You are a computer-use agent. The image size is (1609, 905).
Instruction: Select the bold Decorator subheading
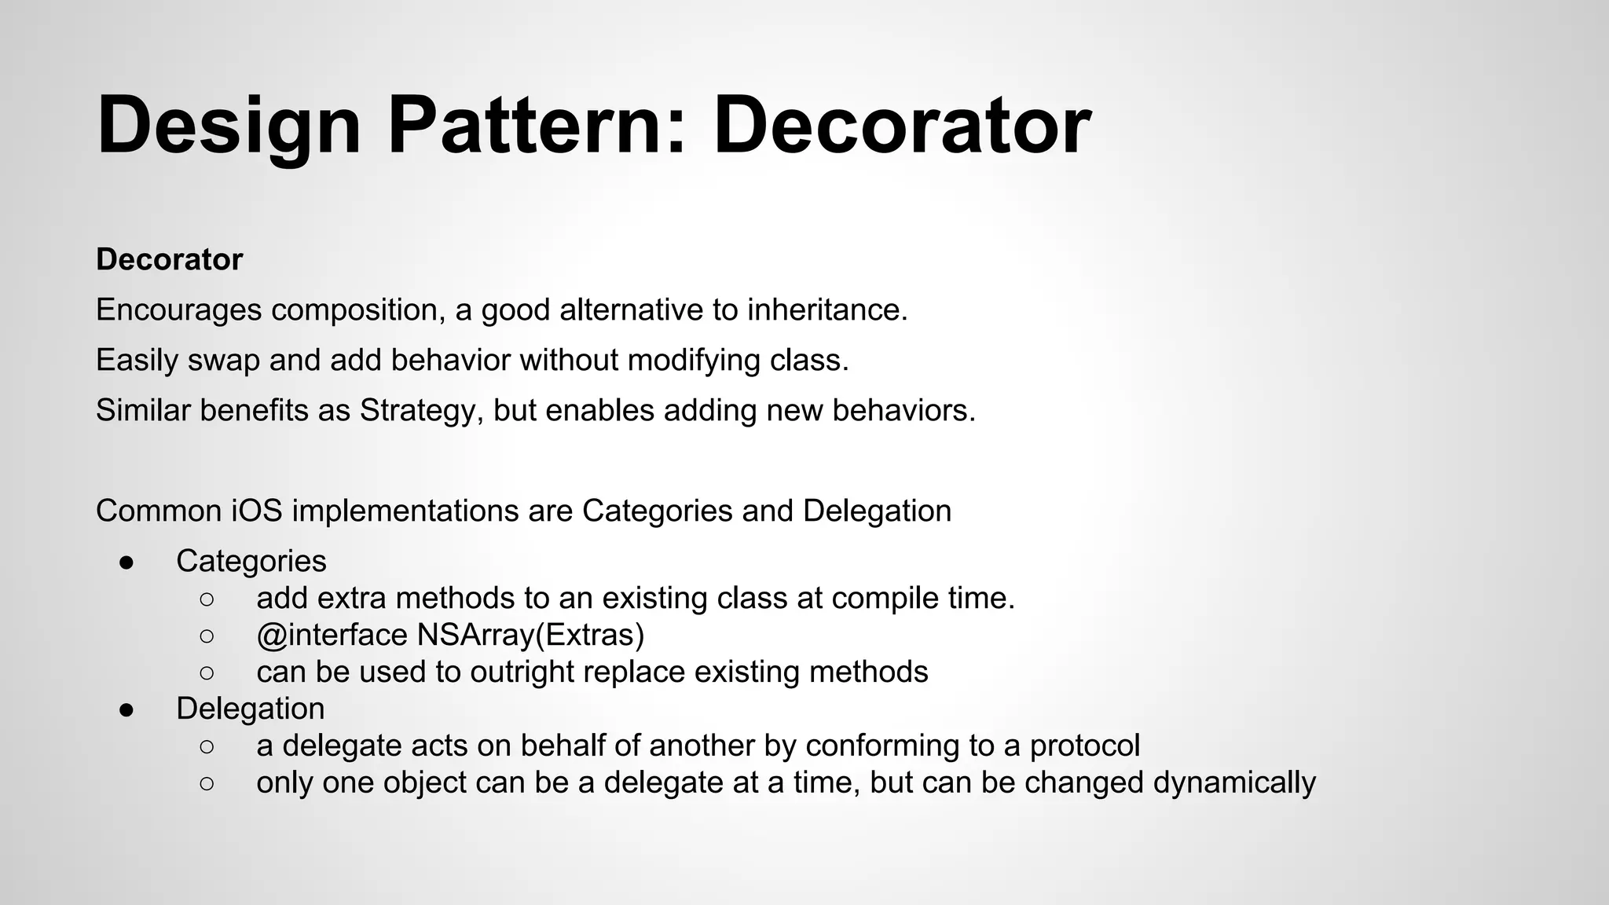pos(169,259)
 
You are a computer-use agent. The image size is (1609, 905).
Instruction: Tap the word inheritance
pos(826,310)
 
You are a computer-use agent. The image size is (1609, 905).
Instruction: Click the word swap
pos(223,361)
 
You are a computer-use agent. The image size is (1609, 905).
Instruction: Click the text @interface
pos(332,635)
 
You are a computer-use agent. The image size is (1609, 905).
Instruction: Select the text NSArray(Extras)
pos(530,635)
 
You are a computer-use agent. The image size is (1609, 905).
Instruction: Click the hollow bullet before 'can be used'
pos(207,672)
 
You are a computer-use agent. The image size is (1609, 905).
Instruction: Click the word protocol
pos(1084,746)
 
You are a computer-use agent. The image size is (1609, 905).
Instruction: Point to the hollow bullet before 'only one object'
pos(207,783)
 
